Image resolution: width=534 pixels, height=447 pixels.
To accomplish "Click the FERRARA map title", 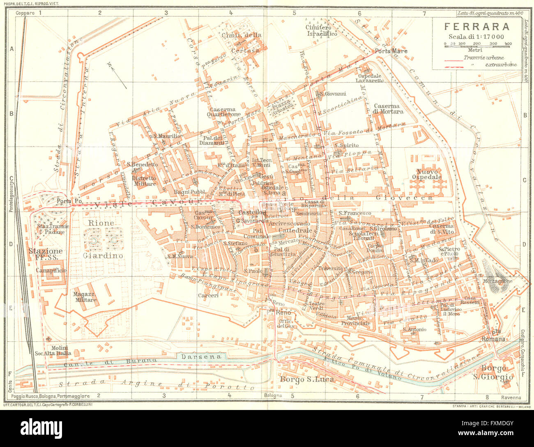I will coord(477,27).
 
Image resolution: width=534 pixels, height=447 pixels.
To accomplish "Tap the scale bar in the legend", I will coord(477,47).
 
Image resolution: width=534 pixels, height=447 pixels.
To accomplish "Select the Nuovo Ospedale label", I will coord(429,174).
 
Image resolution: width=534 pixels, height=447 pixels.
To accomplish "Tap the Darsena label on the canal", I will coord(201,357).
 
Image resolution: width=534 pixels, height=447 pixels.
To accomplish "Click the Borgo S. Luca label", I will coord(306,379).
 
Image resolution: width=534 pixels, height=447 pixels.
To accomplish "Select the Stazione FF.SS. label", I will coord(45,254).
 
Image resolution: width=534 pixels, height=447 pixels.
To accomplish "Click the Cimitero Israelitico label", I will coord(322,30).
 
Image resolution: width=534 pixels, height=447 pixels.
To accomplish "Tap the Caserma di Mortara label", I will coord(389,109).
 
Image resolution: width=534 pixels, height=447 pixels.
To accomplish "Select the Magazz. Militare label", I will coord(85,297).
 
